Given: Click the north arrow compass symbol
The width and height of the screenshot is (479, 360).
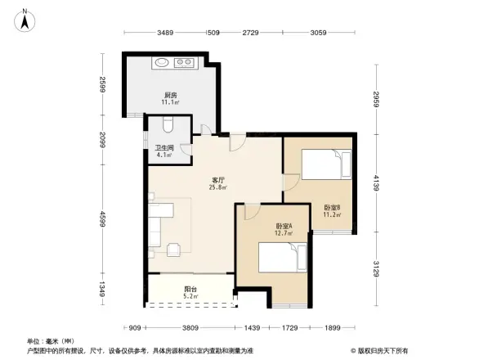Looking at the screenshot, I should (25, 19).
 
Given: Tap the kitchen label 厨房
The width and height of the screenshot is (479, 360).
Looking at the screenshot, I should (169, 96).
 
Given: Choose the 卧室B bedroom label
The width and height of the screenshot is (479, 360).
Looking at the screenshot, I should (331, 207).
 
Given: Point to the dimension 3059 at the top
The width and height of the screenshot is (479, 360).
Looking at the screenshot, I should (320, 33).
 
